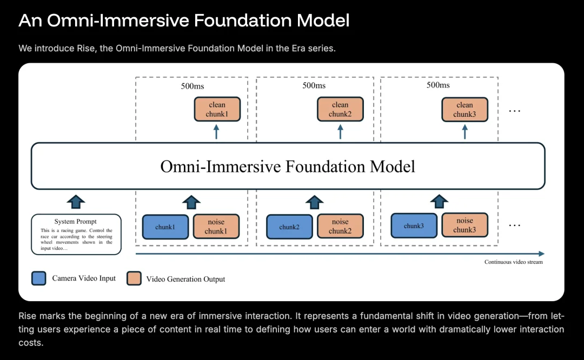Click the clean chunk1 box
217,109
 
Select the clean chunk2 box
340,109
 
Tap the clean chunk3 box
464,109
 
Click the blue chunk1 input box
165,226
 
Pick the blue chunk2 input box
289,226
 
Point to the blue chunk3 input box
414,225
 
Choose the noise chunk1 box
216,226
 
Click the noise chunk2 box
340,226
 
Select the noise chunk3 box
464,225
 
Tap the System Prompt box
76,234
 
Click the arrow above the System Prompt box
76,202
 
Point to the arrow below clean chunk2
340,132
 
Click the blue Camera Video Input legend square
39,278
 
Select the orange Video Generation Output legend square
134,278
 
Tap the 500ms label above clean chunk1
193,86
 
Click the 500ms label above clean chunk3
438,85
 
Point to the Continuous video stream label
514,262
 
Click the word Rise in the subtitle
85,49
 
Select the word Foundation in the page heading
242,20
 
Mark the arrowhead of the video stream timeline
542,254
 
